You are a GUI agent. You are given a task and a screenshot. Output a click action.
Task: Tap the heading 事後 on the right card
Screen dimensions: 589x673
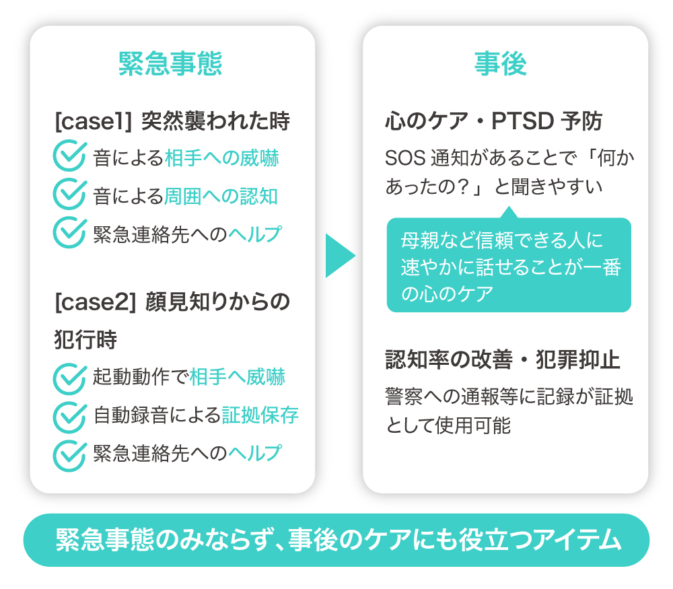pyautogui.click(x=500, y=64)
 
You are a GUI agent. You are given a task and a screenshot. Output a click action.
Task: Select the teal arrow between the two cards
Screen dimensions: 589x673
pyautogui.click(x=339, y=256)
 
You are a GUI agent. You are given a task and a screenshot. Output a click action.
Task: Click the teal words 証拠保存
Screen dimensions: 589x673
pyautogui.click(x=260, y=415)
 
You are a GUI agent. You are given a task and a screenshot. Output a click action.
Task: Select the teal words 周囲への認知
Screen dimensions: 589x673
pyautogui.click(x=221, y=196)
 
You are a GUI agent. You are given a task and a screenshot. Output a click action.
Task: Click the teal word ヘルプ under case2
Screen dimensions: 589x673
pyautogui.click(x=254, y=453)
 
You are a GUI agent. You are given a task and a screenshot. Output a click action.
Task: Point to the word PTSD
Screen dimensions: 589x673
pyautogui.click(x=523, y=122)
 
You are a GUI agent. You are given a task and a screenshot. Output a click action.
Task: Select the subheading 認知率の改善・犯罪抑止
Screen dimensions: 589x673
pyautogui.click(x=503, y=361)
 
